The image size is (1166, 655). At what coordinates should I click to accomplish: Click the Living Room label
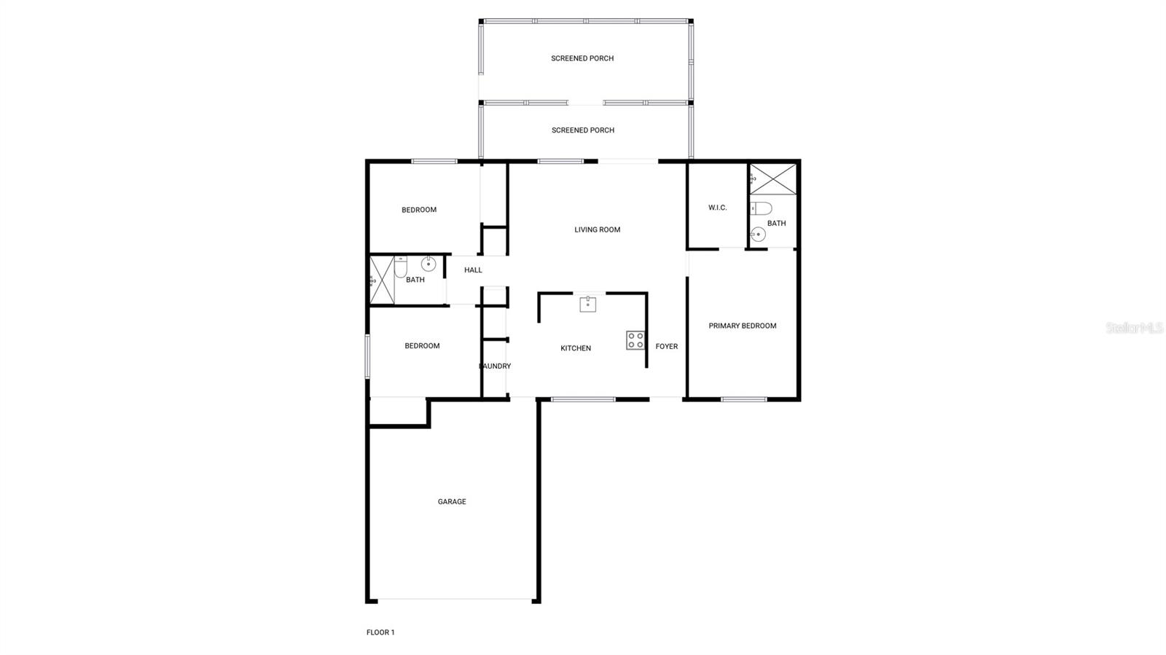point(597,230)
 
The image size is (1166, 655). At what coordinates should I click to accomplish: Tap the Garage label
point(452,501)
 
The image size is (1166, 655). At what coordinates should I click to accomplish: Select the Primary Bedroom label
point(742,326)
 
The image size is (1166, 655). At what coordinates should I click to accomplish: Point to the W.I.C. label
point(717,208)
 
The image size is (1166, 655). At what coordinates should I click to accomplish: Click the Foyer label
point(666,346)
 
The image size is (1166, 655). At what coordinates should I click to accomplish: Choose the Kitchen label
point(575,348)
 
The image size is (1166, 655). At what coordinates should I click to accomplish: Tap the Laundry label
point(495,366)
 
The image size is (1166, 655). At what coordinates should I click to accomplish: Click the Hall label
point(473,270)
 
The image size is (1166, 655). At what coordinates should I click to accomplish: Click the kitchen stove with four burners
point(635,340)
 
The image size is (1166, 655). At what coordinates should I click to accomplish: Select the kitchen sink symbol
point(587,304)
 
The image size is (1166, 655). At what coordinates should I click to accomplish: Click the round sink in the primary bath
point(758,235)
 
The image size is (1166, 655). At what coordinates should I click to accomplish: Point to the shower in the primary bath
point(773,179)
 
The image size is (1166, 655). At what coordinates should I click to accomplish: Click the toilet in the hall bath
point(401,267)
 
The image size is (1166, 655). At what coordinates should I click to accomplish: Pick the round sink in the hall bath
point(429,264)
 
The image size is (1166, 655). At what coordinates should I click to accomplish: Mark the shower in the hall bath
point(382,280)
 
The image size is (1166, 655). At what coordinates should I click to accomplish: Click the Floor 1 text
point(380,632)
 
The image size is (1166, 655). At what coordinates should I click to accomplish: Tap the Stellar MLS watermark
point(1134,328)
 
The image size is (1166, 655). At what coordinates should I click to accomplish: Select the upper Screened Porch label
point(582,58)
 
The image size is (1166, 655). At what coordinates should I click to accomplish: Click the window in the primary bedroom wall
point(743,399)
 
